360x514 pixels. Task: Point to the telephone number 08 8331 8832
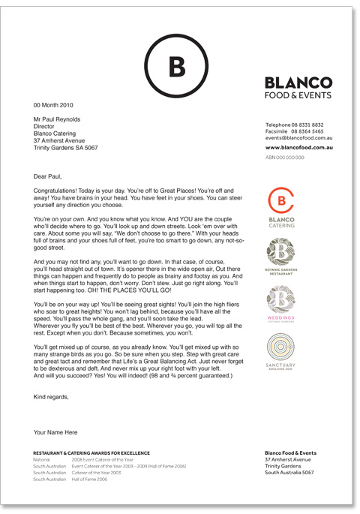[x=308, y=124]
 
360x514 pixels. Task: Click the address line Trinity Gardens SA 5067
[x=68, y=147]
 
